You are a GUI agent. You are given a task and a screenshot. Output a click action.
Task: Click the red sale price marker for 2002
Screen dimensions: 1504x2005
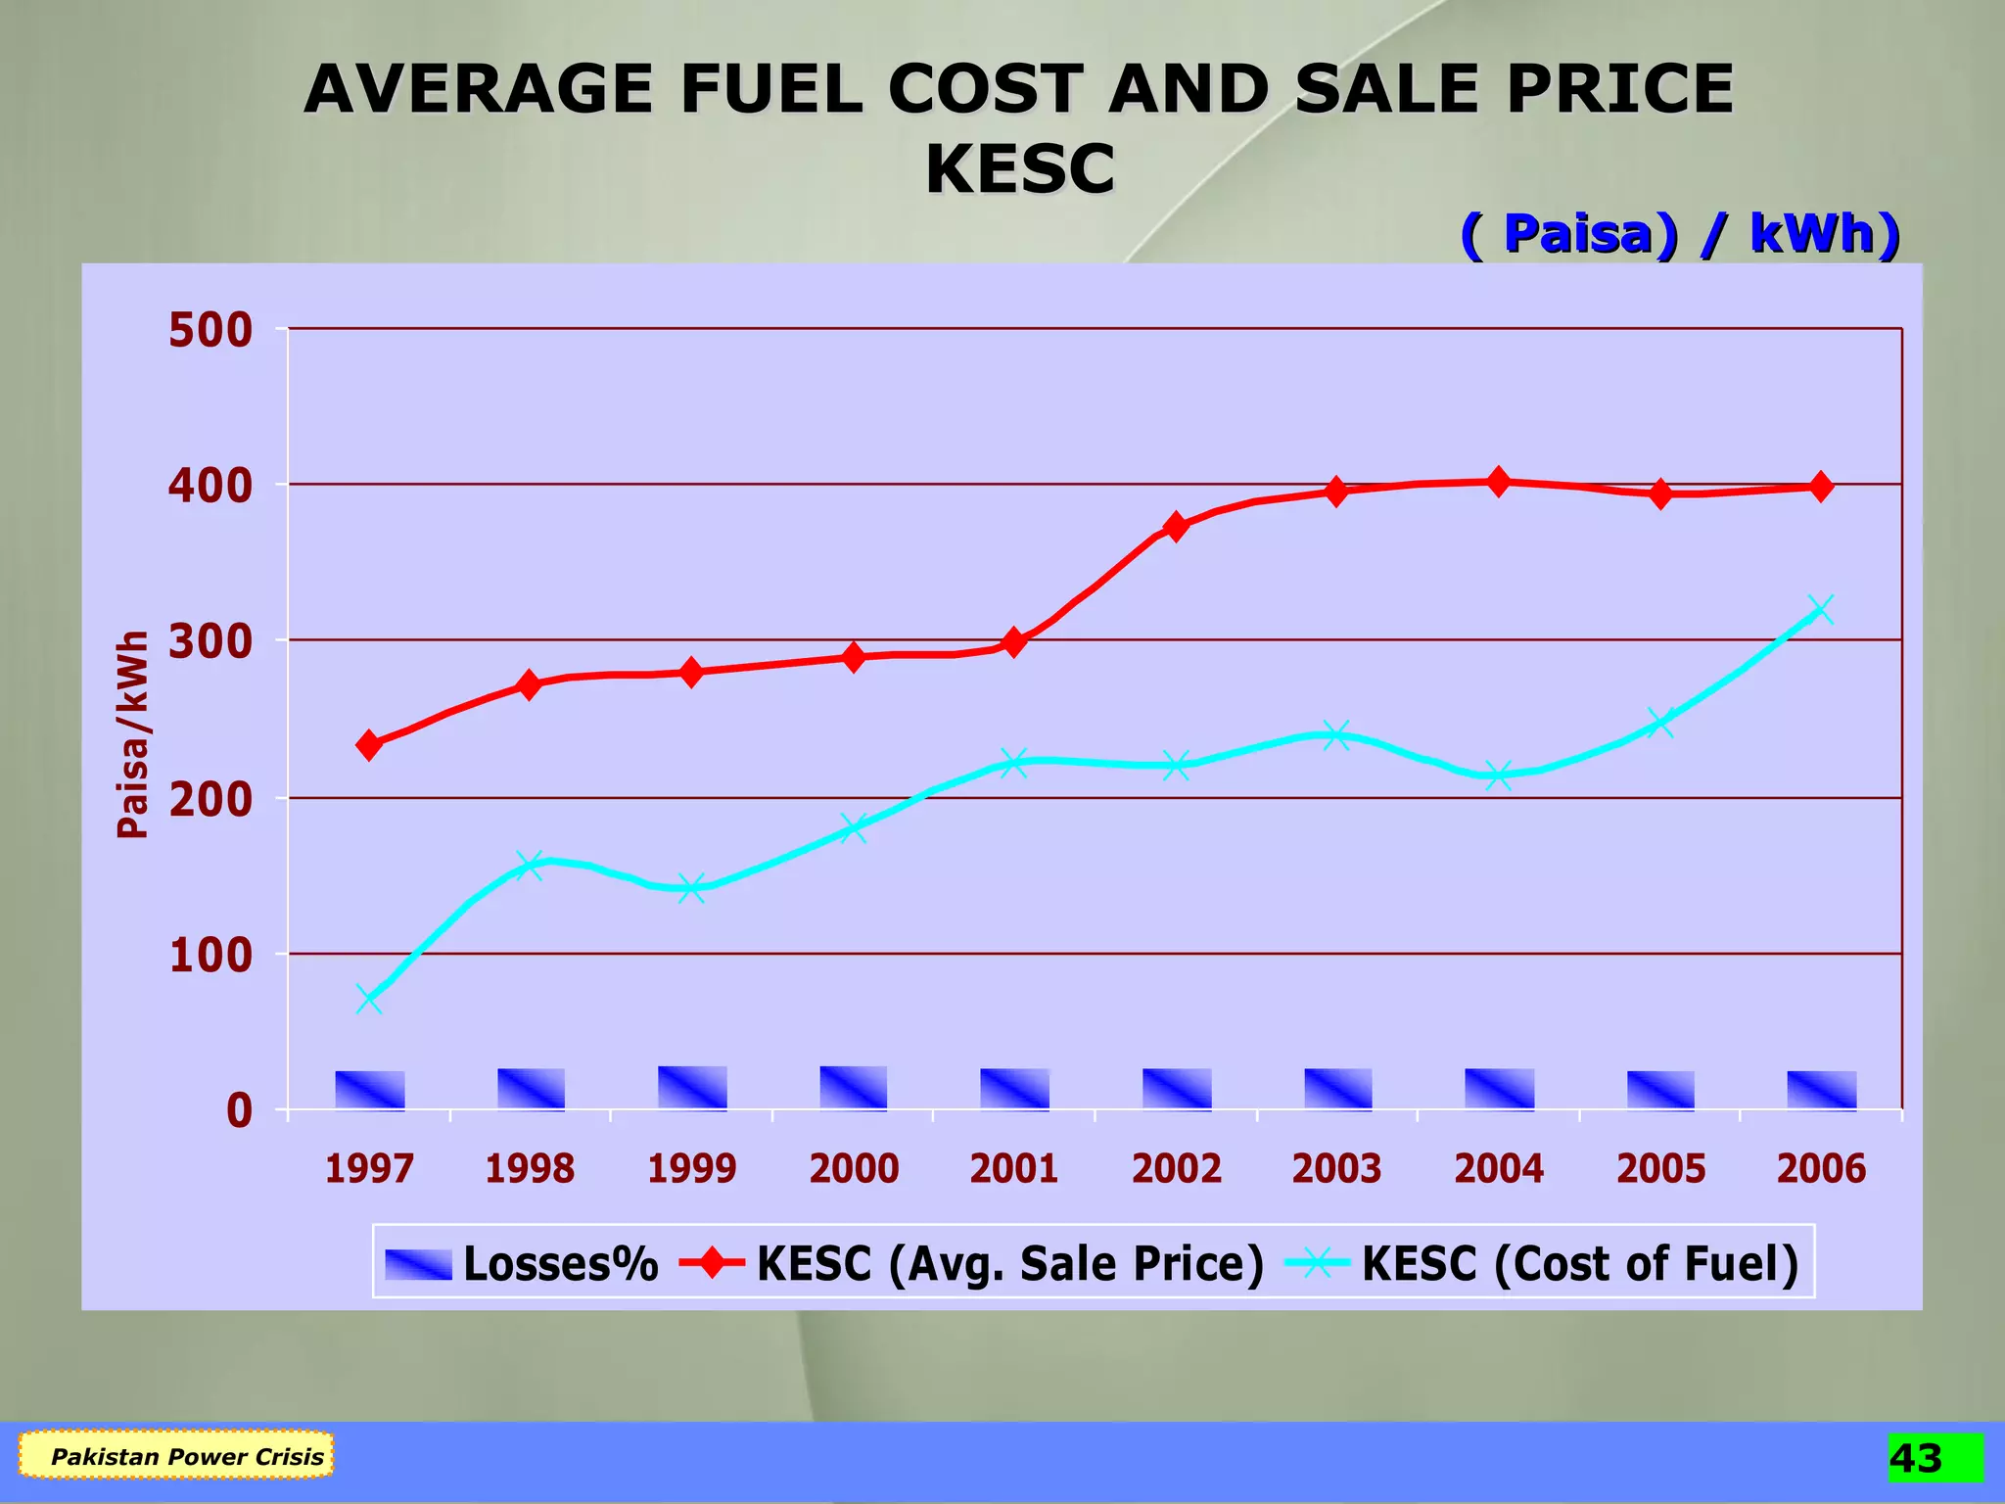tap(1176, 527)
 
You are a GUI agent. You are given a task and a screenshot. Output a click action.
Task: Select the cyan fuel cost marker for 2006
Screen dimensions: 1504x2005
tap(1820, 610)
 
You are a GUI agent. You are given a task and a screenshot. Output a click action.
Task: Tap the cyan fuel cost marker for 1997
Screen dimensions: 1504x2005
tap(369, 1000)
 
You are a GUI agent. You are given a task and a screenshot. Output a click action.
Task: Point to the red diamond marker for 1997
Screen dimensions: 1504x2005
tap(369, 745)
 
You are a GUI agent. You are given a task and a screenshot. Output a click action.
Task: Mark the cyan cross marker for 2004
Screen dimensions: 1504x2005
tap(1498, 775)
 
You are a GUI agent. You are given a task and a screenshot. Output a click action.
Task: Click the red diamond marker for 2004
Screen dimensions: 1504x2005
tap(1498, 482)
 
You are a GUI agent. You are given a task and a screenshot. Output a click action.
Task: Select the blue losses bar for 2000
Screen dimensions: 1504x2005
tap(854, 1088)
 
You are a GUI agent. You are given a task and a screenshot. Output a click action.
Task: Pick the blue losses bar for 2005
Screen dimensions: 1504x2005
tap(1660, 1090)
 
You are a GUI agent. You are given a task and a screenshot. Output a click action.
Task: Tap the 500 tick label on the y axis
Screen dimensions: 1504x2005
tap(210, 331)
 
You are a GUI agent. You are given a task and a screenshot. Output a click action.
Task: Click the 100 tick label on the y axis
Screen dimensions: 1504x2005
tap(210, 956)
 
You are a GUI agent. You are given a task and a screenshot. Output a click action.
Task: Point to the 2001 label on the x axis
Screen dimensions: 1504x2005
tap(1014, 1168)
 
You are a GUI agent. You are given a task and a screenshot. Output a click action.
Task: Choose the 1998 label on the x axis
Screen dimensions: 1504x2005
tap(530, 1168)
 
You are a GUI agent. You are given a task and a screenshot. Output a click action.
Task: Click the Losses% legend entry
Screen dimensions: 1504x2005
tap(521, 1264)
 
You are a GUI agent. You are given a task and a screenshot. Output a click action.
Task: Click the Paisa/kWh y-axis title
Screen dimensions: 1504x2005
tap(133, 734)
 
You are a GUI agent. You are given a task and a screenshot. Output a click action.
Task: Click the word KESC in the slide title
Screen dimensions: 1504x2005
tap(1019, 169)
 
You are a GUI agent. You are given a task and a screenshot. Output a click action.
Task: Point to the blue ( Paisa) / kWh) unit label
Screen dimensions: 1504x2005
tap(1680, 234)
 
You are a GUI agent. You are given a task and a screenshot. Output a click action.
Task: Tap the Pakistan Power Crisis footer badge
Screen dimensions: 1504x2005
tap(176, 1456)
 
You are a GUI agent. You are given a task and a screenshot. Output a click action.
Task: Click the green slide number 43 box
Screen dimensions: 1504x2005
tap(1935, 1458)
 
